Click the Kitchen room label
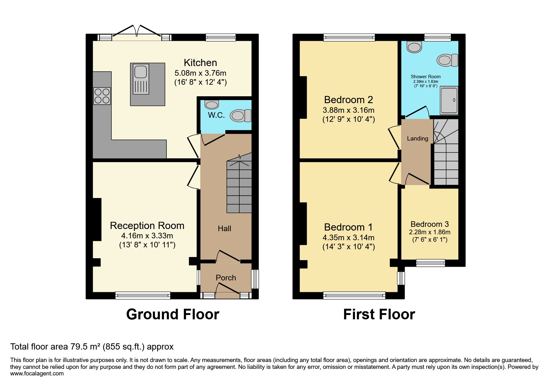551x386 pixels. coord(200,63)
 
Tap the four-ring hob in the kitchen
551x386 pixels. coord(102,96)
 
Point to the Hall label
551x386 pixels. coord(224,229)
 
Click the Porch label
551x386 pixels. coord(226,278)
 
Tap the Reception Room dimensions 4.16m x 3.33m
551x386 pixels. coord(147,236)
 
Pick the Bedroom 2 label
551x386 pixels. coord(348,100)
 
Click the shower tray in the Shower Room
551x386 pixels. coord(449,100)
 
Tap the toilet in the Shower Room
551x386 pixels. coord(447,60)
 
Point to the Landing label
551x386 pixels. coord(417,138)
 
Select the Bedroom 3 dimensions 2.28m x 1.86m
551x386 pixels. coord(429,232)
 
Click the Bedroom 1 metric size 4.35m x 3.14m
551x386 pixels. coord(348,238)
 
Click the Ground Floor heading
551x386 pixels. coord(173,314)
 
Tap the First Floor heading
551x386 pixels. coord(379,314)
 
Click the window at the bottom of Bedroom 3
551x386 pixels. coord(431,263)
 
